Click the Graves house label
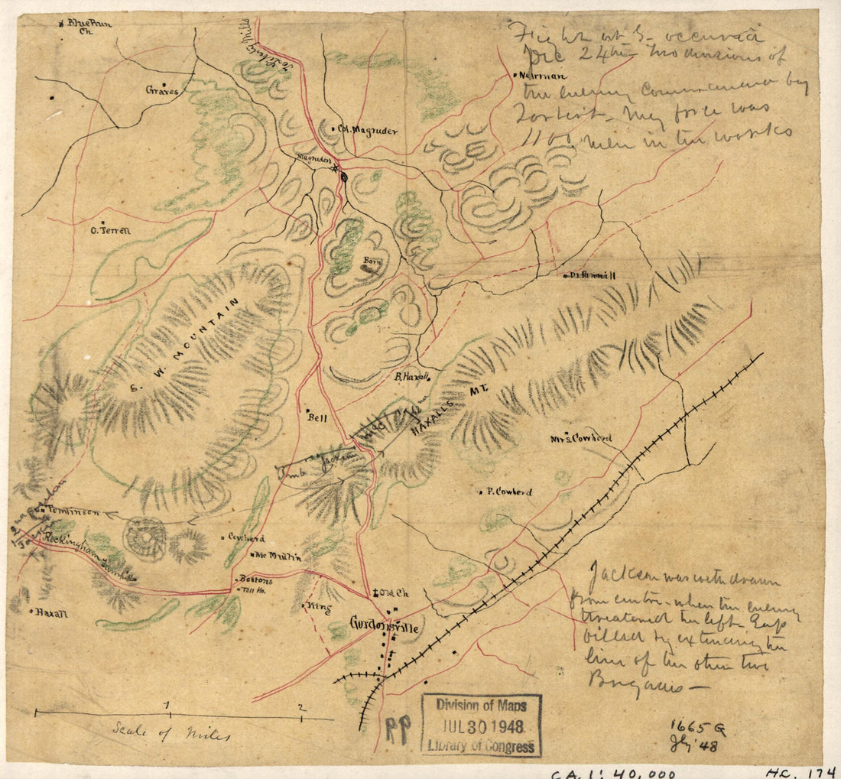(161, 90)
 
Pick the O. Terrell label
(111, 229)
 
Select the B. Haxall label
(414, 376)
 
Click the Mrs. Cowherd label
(582, 439)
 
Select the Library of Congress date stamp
(482, 725)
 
